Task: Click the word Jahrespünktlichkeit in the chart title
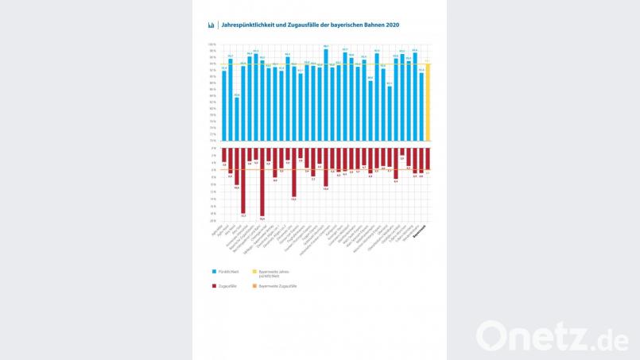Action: click(250, 25)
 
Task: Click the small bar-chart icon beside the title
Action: click(211, 25)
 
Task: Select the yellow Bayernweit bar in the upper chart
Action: click(428, 102)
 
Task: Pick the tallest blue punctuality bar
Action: click(326, 94)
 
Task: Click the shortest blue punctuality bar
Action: click(237, 118)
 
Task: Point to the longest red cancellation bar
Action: click(262, 182)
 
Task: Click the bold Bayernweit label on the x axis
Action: click(421, 231)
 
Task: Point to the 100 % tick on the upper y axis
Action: click(211, 45)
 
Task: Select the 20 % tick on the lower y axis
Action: click(212, 221)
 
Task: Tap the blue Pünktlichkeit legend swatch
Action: click(214, 271)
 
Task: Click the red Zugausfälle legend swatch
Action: click(214, 285)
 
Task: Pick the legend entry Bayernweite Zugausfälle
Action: click(277, 285)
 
